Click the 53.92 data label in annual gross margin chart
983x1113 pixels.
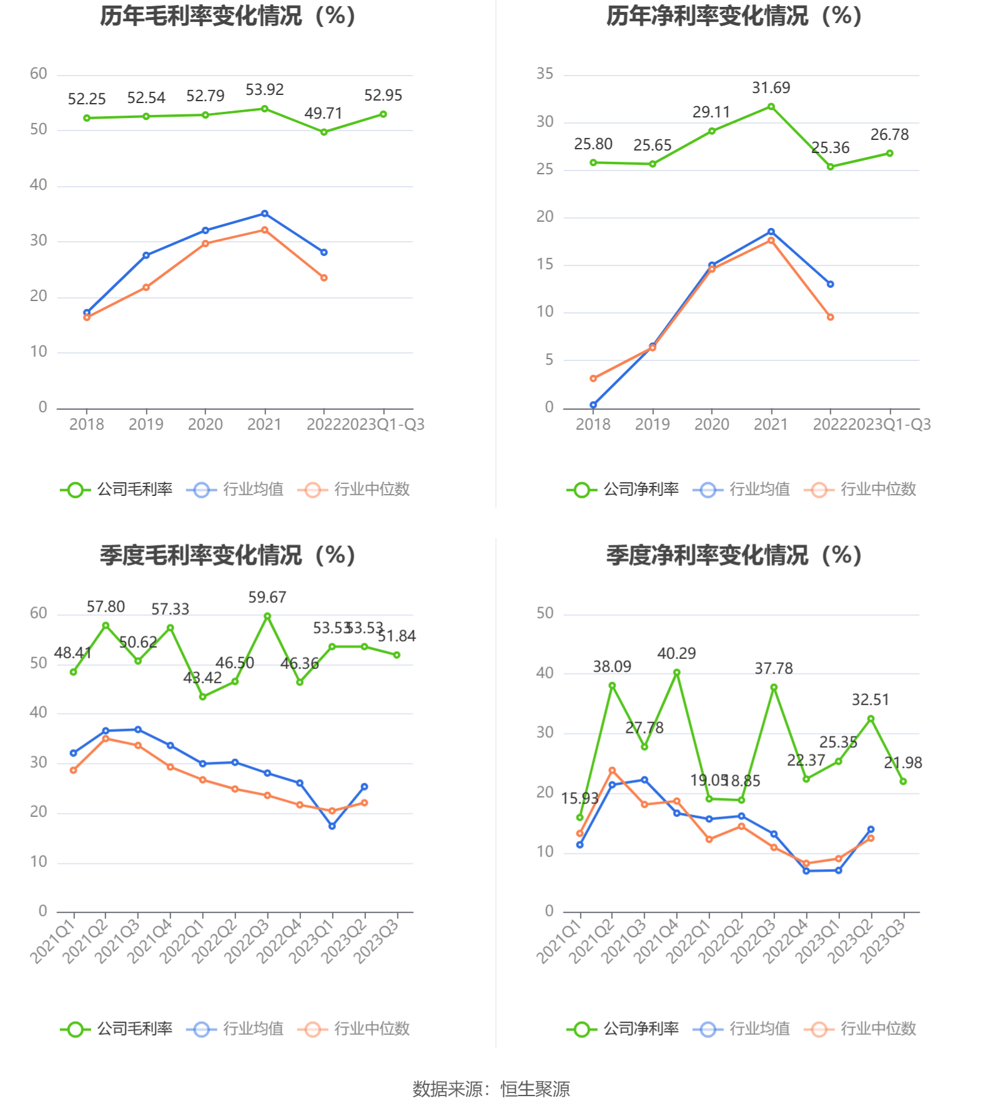(264, 90)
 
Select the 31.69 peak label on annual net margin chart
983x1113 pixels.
(771, 88)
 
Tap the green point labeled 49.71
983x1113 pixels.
(324, 132)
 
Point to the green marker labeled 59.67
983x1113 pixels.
(267, 616)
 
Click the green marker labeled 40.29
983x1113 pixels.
(676, 673)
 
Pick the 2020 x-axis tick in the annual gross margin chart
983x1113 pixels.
(205, 425)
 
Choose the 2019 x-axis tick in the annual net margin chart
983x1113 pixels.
(652, 425)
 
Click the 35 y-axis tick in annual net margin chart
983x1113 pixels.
(545, 74)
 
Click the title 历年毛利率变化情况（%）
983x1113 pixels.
(228, 16)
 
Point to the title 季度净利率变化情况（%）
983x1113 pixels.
(734, 555)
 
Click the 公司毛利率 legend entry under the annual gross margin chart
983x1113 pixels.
(117, 490)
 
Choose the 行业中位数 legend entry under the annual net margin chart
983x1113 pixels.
(861, 490)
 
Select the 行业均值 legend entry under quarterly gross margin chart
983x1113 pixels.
(235, 1029)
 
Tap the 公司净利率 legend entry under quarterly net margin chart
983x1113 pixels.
(623, 1029)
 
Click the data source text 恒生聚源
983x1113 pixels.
(535, 1089)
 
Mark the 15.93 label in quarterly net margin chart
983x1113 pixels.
(580, 799)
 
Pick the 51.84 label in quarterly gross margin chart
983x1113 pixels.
(397, 636)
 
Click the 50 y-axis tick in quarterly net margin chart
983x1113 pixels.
(545, 613)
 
